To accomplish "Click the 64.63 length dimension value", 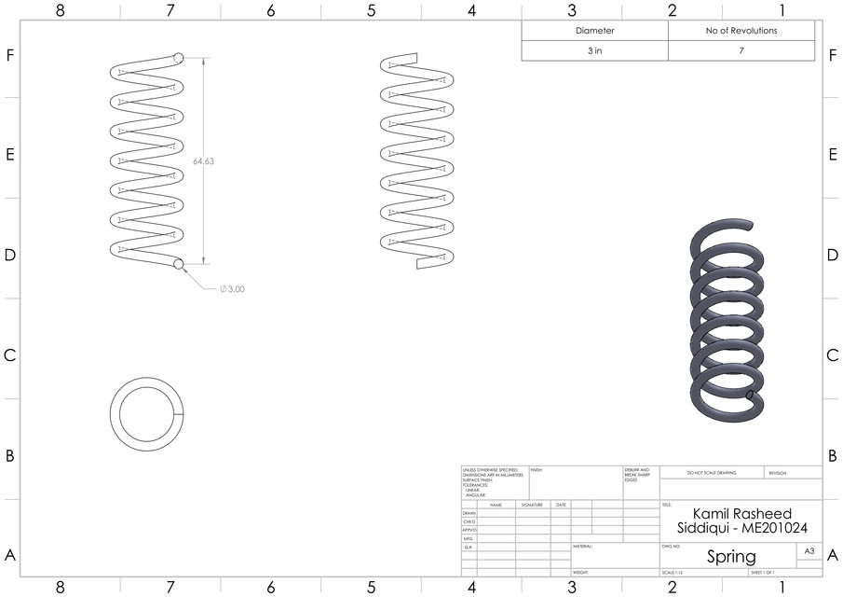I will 203,161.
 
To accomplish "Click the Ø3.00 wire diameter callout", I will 233,289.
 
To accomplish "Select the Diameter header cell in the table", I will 594,31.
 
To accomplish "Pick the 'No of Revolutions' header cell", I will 741,31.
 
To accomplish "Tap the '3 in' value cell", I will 594,51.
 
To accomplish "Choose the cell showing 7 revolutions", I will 741,51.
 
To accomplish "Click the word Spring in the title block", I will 731,557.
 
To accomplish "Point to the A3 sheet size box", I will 809,552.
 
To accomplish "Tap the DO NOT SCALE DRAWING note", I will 711,473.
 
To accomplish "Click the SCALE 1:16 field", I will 672,572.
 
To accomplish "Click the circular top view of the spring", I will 147,412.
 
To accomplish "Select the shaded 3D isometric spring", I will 729,321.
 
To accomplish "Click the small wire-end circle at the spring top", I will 178,58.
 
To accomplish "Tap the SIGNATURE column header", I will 531,505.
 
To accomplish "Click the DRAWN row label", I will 469,513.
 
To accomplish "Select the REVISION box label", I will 778,473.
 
